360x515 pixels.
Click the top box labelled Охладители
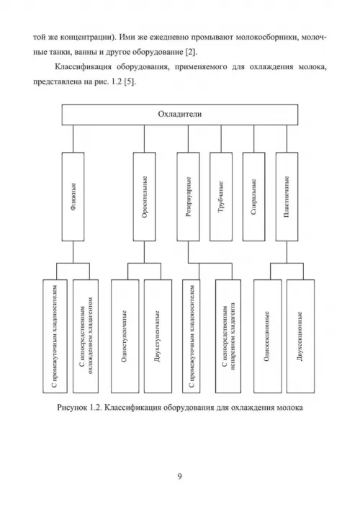[x=180, y=115]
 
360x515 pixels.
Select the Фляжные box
[x=73, y=197]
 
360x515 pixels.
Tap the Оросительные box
[x=145, y=197]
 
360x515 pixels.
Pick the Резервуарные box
[x=188, y=197]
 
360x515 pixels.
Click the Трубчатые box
[x=221, y=197]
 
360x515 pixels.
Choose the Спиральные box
[x=253, y=197]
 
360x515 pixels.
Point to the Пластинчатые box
[x=287, y=197]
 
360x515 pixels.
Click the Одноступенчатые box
[x=125, y=336]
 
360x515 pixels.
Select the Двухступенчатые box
[x=158, y=336]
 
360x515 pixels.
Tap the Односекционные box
[x=267, y=336]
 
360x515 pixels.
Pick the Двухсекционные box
[x=300, y=336]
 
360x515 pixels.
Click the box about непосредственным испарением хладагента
[x=228, y=336]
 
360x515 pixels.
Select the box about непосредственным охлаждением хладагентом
[x=86, y=336]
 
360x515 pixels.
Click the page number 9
[x=179, y=476]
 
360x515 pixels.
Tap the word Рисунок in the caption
[x=71, y=408]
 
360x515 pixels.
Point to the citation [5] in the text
[x=130, y=82]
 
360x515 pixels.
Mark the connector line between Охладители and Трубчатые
[x=221, y=138]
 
